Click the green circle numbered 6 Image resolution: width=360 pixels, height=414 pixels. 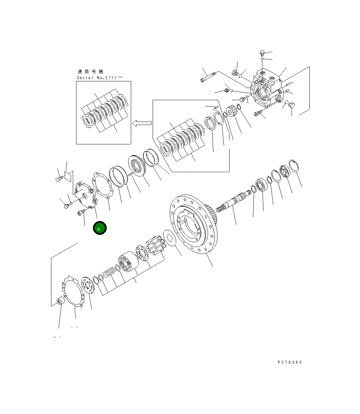[100, 228]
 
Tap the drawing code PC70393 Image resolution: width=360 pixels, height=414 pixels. [290, 362]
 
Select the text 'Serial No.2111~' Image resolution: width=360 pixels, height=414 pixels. [100, 78]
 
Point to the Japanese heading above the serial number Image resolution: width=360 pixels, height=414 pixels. [90, 72]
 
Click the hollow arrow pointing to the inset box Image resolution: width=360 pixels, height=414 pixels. [142, 124]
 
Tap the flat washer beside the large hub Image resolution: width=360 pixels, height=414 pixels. [169, 237]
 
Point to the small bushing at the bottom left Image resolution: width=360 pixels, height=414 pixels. [60, 300]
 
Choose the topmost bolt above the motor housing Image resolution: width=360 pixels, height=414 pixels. [262, 53]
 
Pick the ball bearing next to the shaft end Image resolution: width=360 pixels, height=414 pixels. [261, 185]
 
